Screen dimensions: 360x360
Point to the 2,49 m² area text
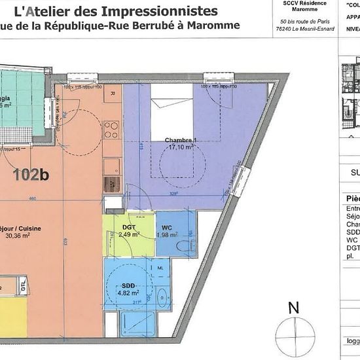click(x=129, y=234)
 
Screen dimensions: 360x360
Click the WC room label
click(x=167, y=227)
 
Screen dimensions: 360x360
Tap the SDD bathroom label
click(x=128, y=285)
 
